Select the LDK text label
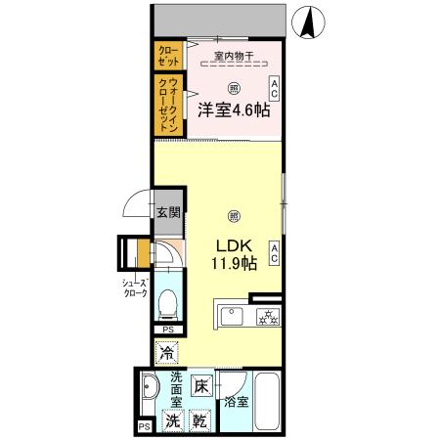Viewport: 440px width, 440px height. [235, 246]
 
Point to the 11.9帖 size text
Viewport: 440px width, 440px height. [235, 263]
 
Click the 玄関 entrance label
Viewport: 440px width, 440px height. [168, 212]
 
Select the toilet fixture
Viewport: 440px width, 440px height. [167, 306]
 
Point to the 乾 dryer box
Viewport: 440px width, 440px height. [199, 421]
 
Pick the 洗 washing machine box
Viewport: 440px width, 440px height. [172, 421]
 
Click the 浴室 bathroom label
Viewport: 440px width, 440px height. [236, 401]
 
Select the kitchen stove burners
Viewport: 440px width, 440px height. [267, 317]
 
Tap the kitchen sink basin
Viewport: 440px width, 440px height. [233, 315]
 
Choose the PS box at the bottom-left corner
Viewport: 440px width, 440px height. [144, 426]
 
